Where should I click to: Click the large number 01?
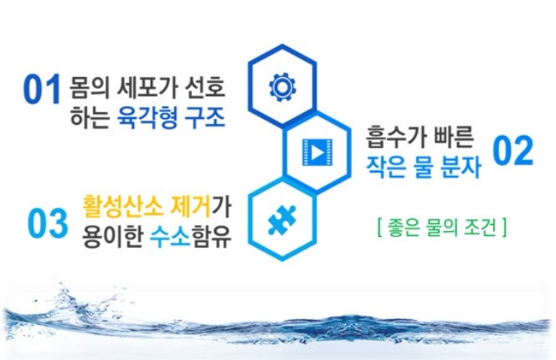point(42,89)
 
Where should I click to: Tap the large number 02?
point(512,151)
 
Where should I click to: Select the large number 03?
point(48,223)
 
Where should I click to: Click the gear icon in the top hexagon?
point(282,87)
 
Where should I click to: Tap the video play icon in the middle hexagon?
point(317,152)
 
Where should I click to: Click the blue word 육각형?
point(147,117)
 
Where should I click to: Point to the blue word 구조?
point(205,117)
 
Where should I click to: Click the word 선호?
point(205,87)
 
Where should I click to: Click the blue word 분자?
point(461,167)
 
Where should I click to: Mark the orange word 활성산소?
point(123,206)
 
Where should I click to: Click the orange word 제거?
point(191,206)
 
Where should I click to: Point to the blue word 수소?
point(170,236)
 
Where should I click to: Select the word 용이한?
point(112,236)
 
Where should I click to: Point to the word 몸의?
point(90,87)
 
